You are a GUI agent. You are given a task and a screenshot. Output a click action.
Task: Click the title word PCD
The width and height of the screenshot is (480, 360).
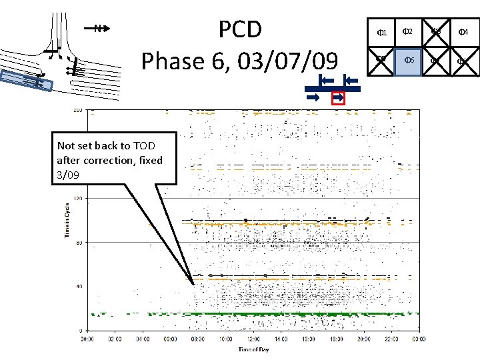click(241, 30)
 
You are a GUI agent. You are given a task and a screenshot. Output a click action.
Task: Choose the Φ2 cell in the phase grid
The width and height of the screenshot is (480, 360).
click(408, 32)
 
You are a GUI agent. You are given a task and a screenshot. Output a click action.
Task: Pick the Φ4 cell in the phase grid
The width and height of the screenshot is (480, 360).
click(463, 32)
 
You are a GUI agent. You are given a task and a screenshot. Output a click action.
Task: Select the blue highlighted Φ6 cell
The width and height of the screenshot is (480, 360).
click(408, 61)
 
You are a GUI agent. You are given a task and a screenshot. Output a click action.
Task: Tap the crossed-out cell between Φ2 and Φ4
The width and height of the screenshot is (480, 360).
click(435, 32)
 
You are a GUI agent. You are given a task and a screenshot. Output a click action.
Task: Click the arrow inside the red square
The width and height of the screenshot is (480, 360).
click(338, 98)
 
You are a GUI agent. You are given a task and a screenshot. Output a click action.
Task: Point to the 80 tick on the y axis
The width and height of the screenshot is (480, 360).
click(78, 242)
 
